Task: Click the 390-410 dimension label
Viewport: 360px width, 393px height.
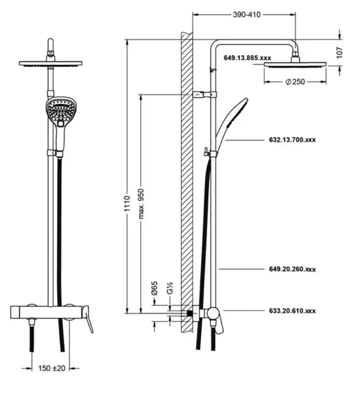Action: (x=247, y=15)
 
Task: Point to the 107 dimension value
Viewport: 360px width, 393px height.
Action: (x=339, y=53)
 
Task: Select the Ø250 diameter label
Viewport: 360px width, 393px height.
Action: (x=295, y=82)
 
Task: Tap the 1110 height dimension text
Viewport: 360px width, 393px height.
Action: (x=127, y=203)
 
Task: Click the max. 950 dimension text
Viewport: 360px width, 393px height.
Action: (x=141, y=204)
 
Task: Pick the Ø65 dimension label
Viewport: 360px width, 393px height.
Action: (x=155, y=288)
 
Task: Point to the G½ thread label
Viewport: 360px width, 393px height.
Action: (x=170, y=288)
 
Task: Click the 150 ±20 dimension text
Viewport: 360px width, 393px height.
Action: (x=52, y=368)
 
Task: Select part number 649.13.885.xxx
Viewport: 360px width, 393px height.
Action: (x=247, y=58)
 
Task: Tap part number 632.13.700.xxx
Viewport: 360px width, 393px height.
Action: (x=292, y=140)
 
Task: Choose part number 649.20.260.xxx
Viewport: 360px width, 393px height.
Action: (x=292, y=269)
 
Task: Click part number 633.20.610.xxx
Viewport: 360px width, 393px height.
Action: (x=292, y=311)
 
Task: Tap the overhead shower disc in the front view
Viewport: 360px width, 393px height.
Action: (x=51, y=63)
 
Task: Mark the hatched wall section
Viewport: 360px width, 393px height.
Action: (x=187, y=183)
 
